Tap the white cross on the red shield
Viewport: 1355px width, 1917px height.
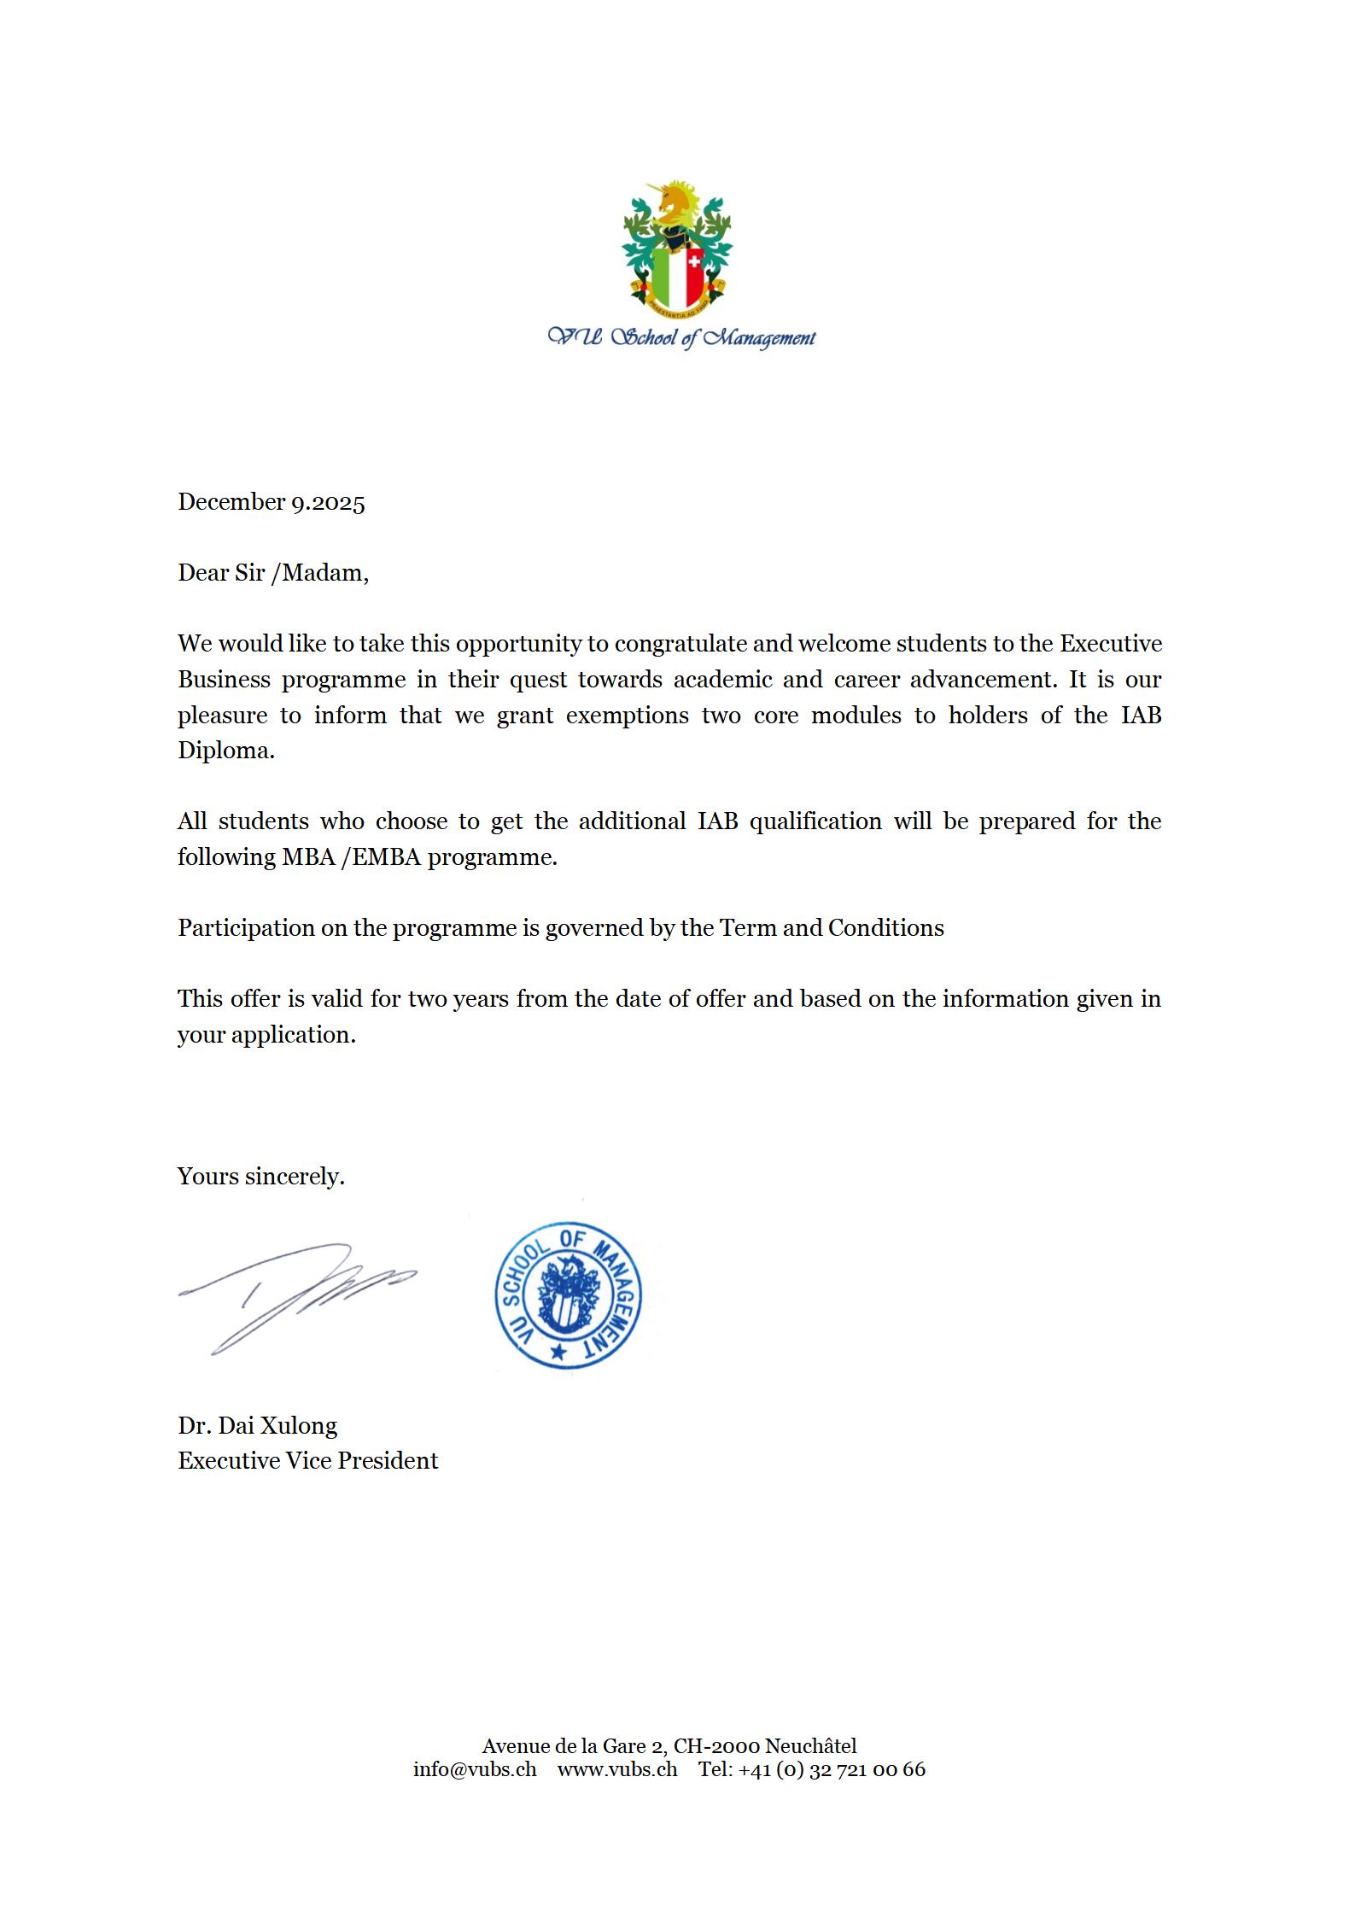click(x=694, y=260)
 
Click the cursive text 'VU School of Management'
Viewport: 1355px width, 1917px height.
click(x=680, y=338)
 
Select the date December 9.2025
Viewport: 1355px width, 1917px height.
click(x=271, y=502)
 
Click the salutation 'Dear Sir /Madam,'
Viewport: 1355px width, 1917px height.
click(x=272, y=572)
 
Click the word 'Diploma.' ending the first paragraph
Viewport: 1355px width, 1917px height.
click(x=225, y=751)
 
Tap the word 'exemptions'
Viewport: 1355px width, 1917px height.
click(x=627, y=715)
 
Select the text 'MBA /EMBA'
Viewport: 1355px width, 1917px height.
click(x=352, y=856)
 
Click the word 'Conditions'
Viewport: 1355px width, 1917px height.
click(x=885, y=927)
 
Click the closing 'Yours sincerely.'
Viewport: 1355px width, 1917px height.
click(x=260, y=1177)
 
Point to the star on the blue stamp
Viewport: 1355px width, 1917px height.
click(x=558, y=1352)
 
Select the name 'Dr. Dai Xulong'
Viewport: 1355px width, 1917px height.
click(x=257, y=1425)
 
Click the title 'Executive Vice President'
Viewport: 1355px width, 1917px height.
click(x=307, y=1461)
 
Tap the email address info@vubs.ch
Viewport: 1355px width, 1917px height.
click(x=475, y=1768)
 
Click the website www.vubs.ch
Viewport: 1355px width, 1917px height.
click(x=617, y=1768)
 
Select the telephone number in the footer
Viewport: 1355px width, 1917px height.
click(x=811, y=1768)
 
